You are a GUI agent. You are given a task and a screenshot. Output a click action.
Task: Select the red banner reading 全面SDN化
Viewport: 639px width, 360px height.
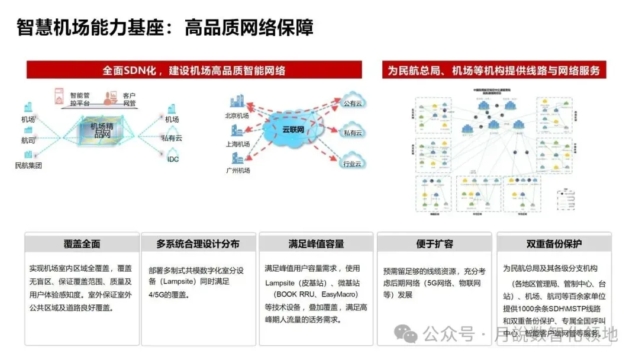(x=194, y=70)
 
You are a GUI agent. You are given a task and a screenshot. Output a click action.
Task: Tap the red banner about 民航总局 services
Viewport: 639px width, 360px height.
(x=493, y=70)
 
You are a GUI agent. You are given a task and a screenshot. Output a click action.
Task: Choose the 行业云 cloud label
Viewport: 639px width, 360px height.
(x=353, y=163)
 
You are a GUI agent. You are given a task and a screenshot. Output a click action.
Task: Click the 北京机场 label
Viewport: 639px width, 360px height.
(x=237, y=116)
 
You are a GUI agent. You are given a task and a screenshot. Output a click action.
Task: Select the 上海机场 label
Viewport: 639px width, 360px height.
(x=237, y=144)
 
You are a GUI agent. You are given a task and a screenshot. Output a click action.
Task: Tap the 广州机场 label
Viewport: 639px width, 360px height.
(x=237, y=170)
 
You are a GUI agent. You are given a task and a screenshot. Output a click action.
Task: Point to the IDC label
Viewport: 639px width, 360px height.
(x=173, y=159)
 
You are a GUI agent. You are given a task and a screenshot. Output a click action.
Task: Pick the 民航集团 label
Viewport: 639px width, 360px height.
(x=28, y=166)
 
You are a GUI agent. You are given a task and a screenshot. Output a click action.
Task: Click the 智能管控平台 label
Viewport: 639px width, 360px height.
(x=80, y=99)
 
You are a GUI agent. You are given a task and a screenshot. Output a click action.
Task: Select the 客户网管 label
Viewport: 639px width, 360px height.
(x=129, y=99)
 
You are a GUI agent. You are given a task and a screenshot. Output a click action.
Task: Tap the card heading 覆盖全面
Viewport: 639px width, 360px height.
(x=82, y=244)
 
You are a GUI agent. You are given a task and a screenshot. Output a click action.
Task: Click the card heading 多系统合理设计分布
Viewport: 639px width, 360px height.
(x=198, y=244)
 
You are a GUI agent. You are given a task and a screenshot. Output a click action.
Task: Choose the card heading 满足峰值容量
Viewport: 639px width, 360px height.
(x=316, y=244)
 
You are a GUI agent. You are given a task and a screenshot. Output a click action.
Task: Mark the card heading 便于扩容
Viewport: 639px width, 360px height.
(x=434, y=244)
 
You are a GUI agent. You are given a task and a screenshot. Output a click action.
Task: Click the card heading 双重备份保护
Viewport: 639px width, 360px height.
(x=554, y=244)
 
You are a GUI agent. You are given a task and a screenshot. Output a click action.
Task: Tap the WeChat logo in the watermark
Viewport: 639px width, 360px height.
(x=406, y=335)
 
